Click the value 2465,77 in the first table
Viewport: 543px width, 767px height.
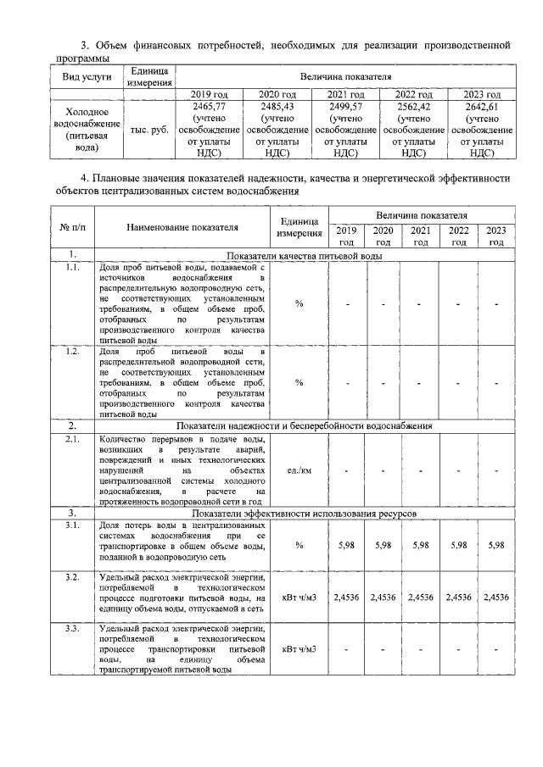209,108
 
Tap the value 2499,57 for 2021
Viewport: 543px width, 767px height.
344,108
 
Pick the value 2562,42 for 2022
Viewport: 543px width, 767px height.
413,108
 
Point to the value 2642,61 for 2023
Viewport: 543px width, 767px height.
483,108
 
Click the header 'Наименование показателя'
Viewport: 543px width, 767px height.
182,227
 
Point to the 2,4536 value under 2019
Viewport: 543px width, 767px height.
346,597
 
